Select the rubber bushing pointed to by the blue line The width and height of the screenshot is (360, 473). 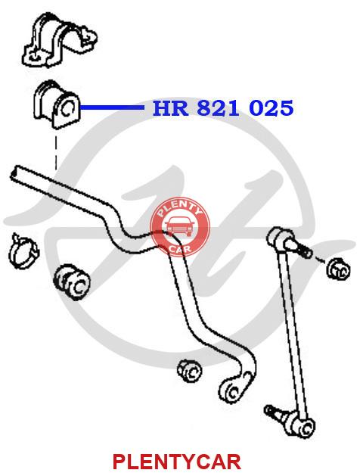[56, 104]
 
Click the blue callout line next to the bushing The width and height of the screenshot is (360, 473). [112, 107]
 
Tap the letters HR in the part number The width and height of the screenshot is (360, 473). [170, 108]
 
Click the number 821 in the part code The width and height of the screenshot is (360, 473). [219, 108]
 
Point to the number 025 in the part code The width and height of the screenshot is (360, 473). [272, 108]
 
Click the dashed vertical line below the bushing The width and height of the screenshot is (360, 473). [56, 153]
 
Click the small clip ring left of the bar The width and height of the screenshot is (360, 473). [23, 251]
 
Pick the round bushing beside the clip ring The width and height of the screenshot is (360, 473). [73, 282]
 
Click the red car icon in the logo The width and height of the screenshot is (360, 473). [180, 226]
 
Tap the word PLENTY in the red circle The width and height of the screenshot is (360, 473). [180, 208]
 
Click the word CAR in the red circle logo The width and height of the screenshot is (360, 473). [180, 249]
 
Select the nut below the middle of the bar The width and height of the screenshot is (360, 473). [190, 372]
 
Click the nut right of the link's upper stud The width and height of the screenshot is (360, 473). [338, 269]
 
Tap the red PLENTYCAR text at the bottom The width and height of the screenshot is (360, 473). [177, 461]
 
